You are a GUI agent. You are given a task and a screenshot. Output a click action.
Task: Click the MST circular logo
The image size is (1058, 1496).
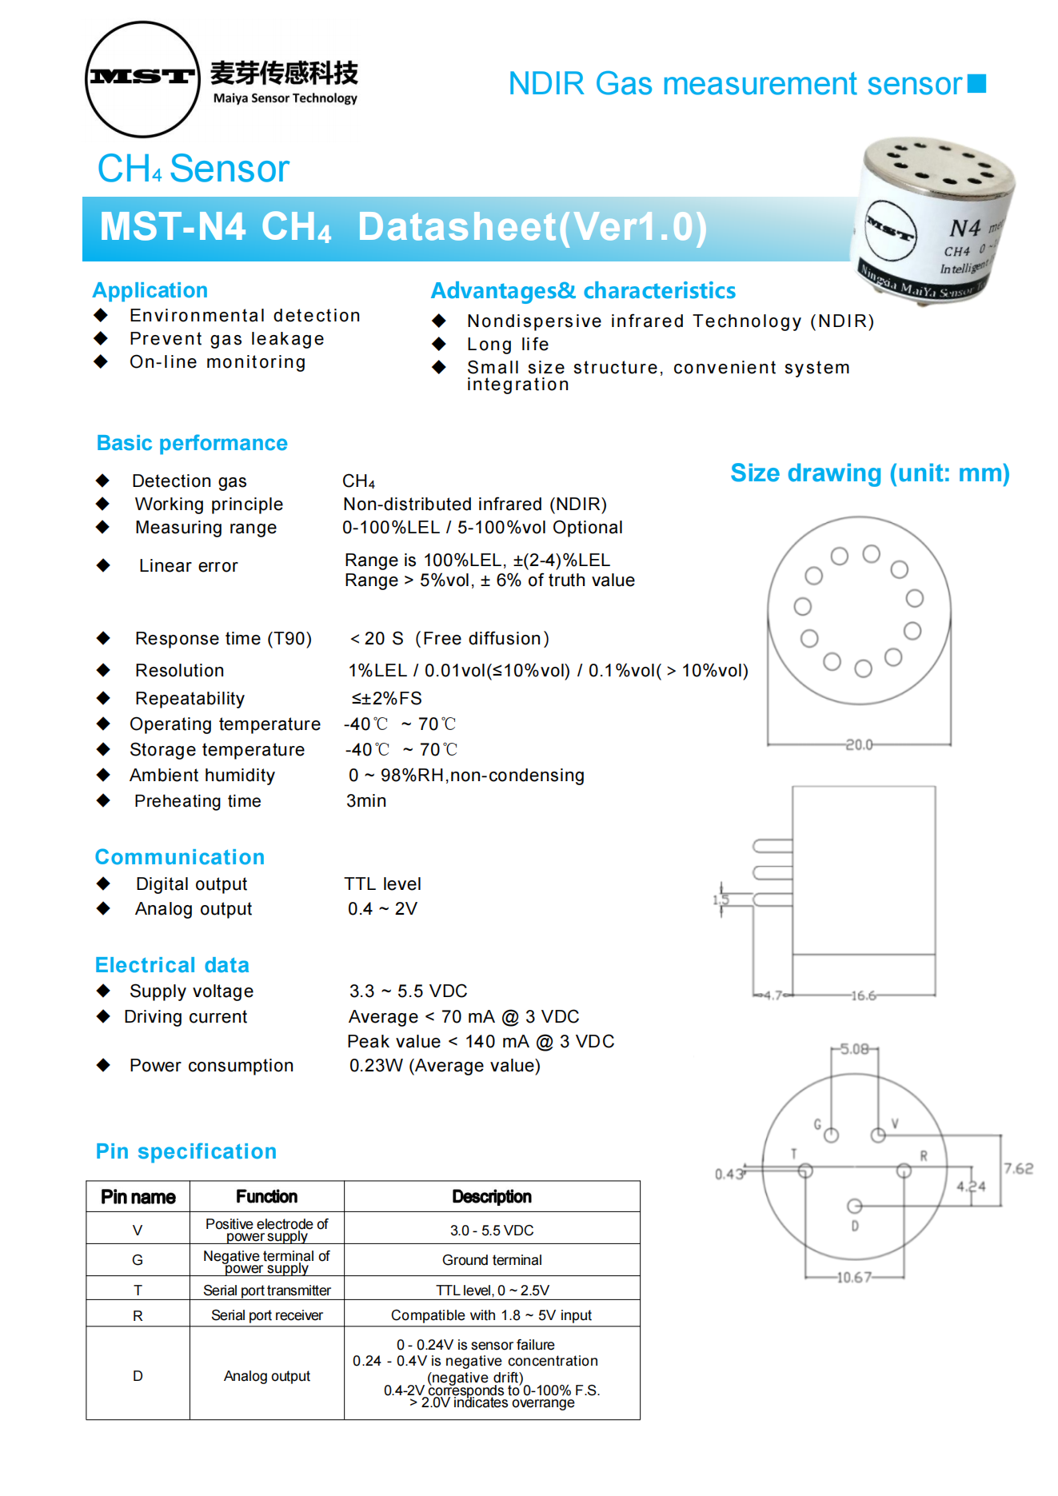pyautogui.click(x=142, y=78)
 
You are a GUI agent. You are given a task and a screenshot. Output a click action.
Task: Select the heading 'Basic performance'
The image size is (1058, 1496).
pyautogui.click(x=192, y=443)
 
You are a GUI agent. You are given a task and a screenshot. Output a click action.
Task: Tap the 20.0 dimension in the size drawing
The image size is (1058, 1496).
pyautogui.click(x=859, y=744)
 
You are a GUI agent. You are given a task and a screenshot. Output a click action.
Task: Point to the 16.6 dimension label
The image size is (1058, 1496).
pyautogui.click(x=863, y=995)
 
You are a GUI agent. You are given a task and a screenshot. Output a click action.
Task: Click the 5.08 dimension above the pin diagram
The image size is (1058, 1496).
pyautogui.click(x=854, y=1048)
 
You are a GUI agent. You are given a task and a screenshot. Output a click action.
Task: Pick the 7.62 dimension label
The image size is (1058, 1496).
pyautogui.click(x=1018, y=1168)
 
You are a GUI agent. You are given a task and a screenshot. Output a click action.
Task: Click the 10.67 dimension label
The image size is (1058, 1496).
pyautogui.click(x=853, y=1277)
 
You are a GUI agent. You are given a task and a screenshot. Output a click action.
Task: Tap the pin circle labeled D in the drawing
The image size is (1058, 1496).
pyautogui.click(x=854, y=1206)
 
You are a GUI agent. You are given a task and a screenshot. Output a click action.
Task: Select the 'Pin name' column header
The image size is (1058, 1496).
pyautogui.click(x=138, y=1196)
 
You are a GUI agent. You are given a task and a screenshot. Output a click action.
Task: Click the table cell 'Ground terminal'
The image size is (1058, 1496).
pyautogui.click(x=492, y=1260)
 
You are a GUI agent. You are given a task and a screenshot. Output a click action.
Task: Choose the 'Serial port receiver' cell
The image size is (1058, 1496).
pyautogui.click(x=267, y=1315)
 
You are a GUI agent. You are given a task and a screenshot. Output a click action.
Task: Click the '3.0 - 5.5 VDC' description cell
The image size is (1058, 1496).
pyautogui.click(x=492, y=1230)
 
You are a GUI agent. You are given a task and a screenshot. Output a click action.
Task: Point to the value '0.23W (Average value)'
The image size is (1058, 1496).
pyautogui.click(x=445, y=1065)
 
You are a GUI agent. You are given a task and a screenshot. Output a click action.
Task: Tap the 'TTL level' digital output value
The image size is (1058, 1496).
pyautogui.click(x=382, y=884)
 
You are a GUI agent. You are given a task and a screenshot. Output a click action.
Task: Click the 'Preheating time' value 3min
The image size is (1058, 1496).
pyautogui.click(x=366, y=800)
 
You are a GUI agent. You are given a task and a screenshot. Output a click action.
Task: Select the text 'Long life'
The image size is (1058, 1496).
pyautogui.click(x=508, y=345)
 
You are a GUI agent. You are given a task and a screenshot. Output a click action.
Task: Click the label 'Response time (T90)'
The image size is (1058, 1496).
pyautogui.click(x=223, y=638)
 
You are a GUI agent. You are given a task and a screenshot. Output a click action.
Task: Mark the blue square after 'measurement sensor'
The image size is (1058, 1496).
pyautogui.click(x=976, y=83)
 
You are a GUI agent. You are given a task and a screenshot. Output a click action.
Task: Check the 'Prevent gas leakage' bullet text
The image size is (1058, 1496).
pyautogui.click(x=227, y=339)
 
